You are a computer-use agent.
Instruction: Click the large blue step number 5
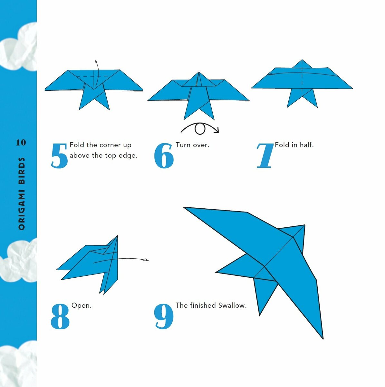point(59,156)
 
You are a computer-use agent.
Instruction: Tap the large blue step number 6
point(164,155)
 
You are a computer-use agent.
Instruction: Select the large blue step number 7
point(265,155)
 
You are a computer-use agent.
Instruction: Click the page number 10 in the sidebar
point(21,143)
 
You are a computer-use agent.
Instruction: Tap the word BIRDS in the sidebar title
point(21,171)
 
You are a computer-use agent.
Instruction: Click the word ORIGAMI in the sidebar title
point(21,210)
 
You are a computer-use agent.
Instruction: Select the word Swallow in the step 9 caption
point(232,305)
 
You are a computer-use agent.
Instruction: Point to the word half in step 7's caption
point(307,145)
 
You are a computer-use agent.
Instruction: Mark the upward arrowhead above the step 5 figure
point(96,62)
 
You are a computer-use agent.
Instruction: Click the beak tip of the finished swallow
point(305,225)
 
